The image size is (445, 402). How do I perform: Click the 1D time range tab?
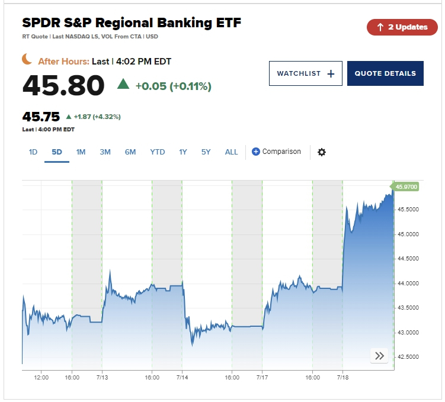point(33,152)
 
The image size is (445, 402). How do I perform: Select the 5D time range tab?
point(57,152)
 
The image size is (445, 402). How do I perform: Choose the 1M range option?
point(81,152)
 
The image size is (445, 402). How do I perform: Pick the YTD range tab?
point(158,152)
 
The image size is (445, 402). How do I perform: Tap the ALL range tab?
point(231,152)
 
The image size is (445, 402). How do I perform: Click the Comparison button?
point(276,152)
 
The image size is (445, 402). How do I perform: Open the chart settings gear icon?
point(322,152)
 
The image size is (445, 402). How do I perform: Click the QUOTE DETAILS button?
point(385,73)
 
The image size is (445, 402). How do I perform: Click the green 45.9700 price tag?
point(406,186)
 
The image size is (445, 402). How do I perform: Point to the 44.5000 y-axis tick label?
point(408,259)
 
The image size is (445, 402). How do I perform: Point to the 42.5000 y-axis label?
point(408,357)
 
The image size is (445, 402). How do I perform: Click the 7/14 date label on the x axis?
point(182,377)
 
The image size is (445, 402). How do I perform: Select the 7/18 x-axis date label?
point(342,377)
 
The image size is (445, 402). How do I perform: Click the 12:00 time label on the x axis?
point(41,377)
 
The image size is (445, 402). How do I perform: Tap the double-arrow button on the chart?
point(379,356)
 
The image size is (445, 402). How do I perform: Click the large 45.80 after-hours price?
point(63,86)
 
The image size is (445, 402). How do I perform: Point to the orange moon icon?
point(27,59)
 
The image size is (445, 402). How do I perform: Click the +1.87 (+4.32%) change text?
point(97,117)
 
